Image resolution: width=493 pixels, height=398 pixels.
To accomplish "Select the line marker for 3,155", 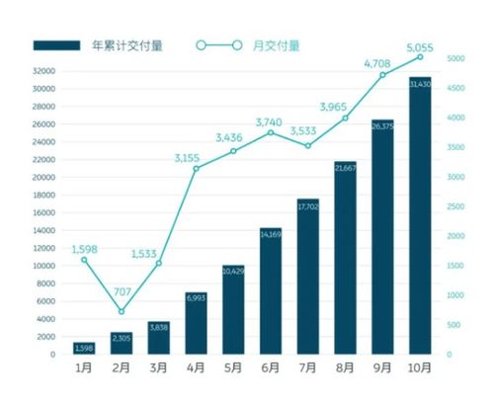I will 196,168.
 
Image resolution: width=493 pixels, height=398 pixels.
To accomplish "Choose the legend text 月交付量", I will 280,45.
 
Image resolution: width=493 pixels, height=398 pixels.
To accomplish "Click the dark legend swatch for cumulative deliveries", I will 57,45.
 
